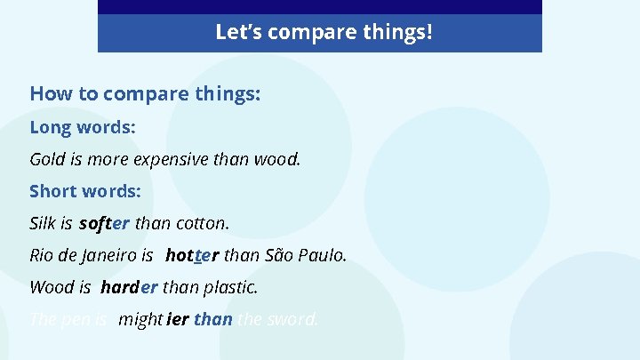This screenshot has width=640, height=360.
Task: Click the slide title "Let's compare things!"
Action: coord(324,33)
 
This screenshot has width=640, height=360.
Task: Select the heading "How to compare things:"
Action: coord(145,93)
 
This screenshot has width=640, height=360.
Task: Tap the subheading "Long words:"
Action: coord(83,127)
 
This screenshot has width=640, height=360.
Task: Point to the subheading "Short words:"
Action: coord(85,191)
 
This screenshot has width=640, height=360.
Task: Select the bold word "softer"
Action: coord(104,223)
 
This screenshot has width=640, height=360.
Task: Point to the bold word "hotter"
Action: coord(192,256)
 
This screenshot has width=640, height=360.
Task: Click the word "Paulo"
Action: coord(321,256)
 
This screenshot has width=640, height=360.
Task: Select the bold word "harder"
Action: coord(130,288)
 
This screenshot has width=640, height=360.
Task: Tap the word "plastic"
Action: coord(229,288)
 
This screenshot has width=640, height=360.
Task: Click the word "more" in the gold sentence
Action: coord(108,160)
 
